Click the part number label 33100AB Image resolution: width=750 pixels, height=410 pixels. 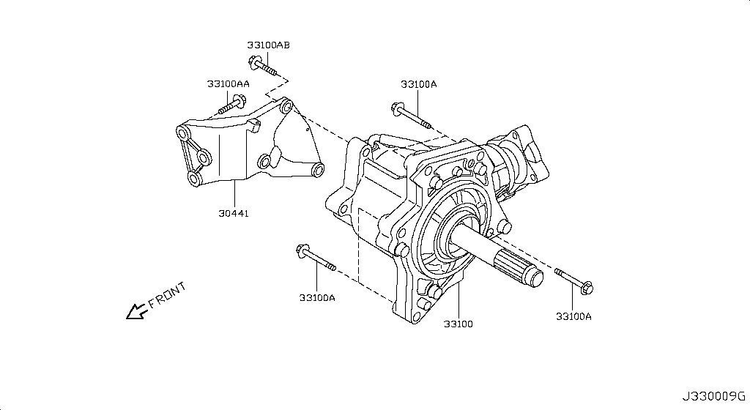tap(268, 45)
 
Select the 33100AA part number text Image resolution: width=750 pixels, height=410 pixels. tap(228, 83)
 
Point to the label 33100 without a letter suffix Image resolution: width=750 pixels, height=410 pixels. tap(458, 323)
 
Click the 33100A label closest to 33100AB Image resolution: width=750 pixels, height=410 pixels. tap(418, 84)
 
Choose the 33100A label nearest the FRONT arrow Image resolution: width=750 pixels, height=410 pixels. tap(317, 297)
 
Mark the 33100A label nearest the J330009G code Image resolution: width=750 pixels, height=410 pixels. tap(573, 316)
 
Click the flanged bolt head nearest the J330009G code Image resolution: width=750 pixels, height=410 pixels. tap(587, 290)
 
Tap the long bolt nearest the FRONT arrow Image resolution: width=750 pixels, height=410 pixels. tap(315, 258)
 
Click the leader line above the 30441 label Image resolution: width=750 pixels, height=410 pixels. tap(234, 193)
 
